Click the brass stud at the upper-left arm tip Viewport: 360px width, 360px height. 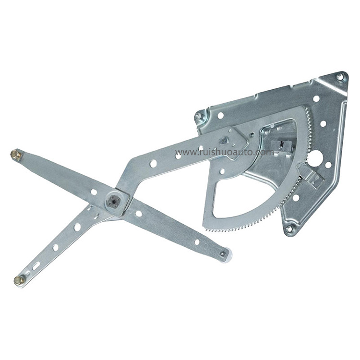(15, 155)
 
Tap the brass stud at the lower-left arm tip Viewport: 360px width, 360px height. (19, 280)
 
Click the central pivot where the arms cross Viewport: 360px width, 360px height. (116, 201)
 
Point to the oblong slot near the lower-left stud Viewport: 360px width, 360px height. (36, 265)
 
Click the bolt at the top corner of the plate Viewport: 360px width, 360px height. (340, 77)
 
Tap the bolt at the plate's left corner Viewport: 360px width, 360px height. (198, 116)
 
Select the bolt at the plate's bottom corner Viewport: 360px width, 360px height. (289, 229)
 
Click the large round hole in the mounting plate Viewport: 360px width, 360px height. (315, 157)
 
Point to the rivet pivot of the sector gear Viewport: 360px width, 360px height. (224, 141)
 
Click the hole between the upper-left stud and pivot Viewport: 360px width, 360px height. (94, 192)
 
